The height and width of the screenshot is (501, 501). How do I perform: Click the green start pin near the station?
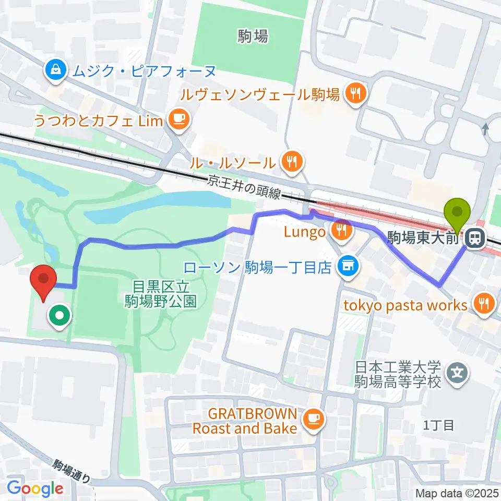pos(457,213)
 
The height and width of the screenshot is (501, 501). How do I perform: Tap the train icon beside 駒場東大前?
pos(474,239)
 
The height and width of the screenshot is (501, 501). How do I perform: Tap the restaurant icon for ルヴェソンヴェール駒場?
pos(357,94)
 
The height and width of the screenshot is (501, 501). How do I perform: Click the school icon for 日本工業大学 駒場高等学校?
pos(458,374)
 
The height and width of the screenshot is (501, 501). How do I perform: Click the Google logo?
pos(35,488)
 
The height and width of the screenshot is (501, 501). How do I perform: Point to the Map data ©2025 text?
pos(457,493)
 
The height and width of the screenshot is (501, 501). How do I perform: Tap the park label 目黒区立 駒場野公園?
pos(160,294)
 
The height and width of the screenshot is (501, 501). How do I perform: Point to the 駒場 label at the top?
pos(253,36)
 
